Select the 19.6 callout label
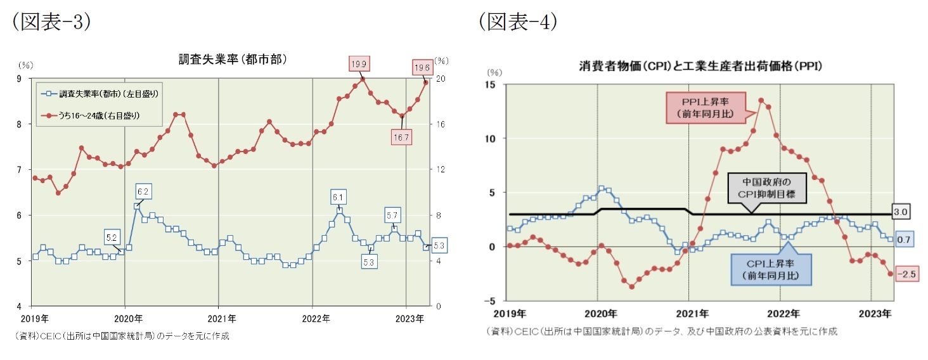[x=422, y=67]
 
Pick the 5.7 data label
[x=392, y=216]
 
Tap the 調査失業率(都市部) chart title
[x=233, y=60]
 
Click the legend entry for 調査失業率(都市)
[x=101, y=94]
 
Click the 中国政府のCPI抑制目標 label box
[x=767, y=188]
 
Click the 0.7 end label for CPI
[x=905, y=240]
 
